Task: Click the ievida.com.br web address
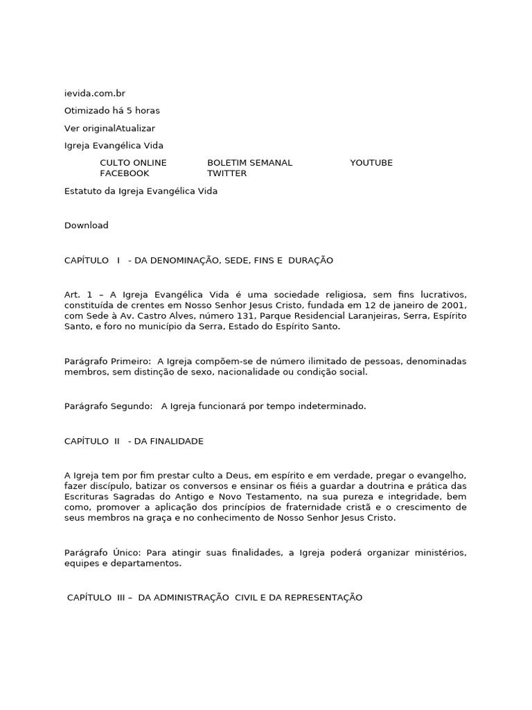coord(95,94)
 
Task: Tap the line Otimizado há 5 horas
coord(112,111)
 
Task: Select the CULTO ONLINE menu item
coord(133,163)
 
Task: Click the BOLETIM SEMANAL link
coord(249,163)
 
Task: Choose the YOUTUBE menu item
coord(371,163)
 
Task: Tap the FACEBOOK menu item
coord(124,173)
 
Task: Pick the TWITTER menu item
coord(227,173)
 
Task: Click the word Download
coord(86,225)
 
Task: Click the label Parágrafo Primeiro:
coord(107,361)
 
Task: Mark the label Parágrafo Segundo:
coord(108,406)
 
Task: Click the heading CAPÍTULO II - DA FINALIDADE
coord(134,441)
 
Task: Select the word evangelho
coord(441,476)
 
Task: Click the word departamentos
coord(148,563)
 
